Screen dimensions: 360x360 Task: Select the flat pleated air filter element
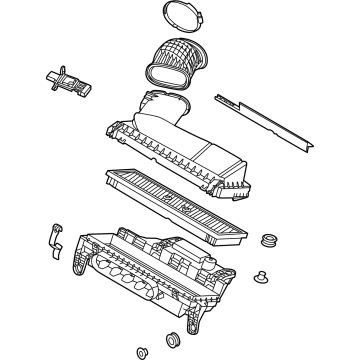tap(175, 201)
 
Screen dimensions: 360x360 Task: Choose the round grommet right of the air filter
tap(268, 241)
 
